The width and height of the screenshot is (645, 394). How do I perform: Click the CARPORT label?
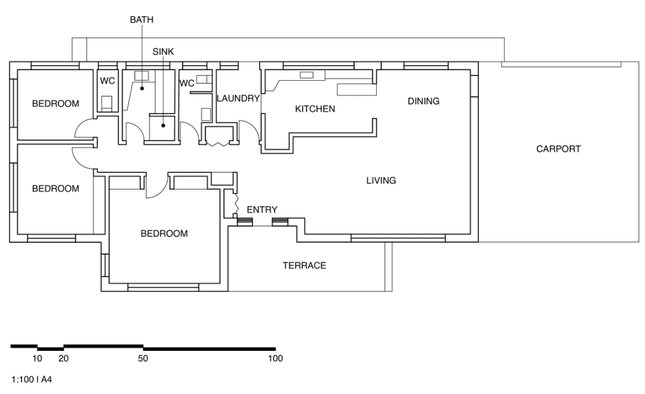[558, 149]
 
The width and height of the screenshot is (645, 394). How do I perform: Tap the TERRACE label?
[304, 265]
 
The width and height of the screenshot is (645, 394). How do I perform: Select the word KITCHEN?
[315, 109]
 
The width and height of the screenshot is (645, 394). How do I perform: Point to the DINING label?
[423, 101]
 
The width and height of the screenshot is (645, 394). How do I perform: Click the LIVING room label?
[381, 181]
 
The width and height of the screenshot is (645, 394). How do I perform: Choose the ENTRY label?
[262, 210]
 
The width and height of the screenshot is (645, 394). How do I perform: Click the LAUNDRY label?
[238, 99]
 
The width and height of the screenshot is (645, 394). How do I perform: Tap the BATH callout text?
[142, 20]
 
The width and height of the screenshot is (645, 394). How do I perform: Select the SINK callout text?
[162, 51]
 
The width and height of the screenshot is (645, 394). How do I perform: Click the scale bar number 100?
[275, 359]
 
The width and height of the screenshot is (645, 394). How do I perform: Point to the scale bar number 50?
[143, 359]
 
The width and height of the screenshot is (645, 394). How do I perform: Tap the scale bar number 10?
[37, 359]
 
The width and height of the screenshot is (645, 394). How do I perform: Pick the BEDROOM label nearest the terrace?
[164, 234]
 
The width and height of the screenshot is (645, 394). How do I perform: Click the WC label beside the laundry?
[187, 83]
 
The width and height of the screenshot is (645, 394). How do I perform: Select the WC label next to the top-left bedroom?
[107, 80]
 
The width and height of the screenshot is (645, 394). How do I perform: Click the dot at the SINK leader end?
[162, 125]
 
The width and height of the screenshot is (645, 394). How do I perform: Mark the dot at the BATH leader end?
[142, 88]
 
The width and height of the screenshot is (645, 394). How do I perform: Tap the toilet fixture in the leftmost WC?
[107, 103]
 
